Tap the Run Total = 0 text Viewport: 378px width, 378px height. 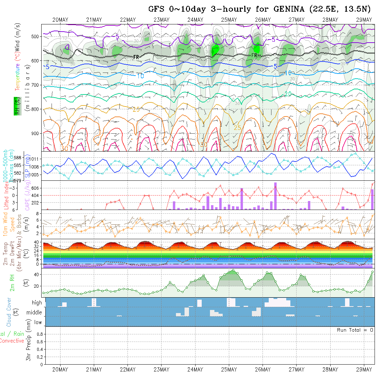(355, 330)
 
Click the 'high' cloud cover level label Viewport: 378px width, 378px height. (37, 303)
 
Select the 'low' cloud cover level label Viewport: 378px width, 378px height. (38, 322)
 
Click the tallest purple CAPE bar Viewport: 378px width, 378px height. (275, 196)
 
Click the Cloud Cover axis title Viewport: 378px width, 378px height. (9, 312)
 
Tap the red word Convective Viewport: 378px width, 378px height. (12, 341)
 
